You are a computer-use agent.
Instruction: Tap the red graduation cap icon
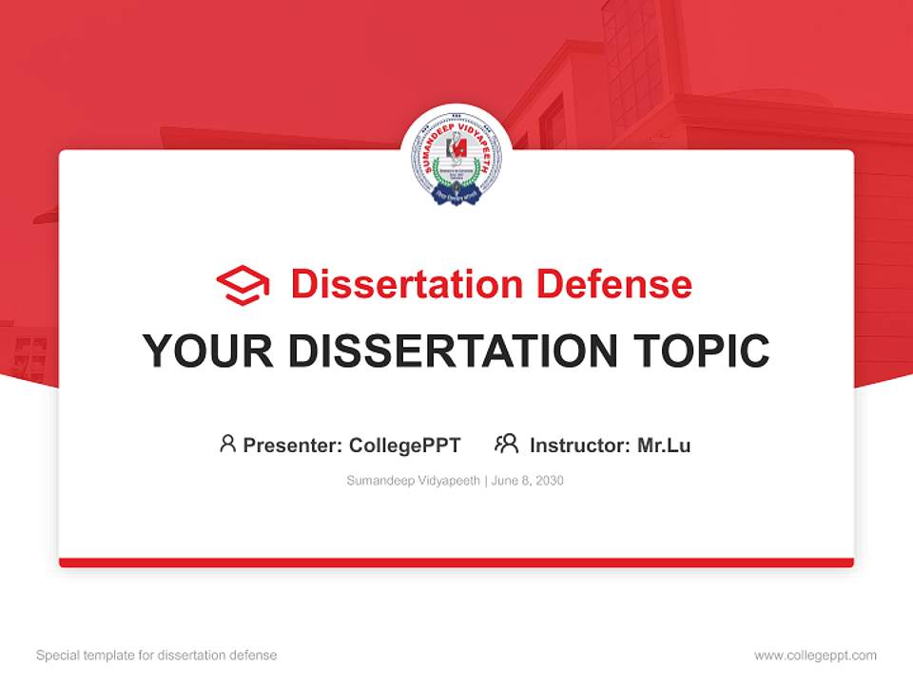[243, 285]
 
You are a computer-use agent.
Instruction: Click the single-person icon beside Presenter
[227, 444]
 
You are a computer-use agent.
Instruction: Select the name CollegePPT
[405, 446]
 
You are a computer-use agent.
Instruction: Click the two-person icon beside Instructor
[507, 444]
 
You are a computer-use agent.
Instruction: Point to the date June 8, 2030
[528, 481]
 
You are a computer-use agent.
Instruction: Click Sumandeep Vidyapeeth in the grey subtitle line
[414, 481]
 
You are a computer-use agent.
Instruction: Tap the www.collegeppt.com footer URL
[815, 655]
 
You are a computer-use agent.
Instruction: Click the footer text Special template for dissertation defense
[157, 655]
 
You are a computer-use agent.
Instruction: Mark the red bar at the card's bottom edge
[456, 562]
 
